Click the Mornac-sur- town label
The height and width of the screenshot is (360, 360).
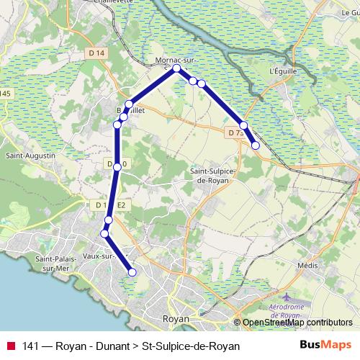point(176,60)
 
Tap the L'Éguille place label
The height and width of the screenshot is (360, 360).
point(282,71)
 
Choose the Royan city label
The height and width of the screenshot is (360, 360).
point(176,318)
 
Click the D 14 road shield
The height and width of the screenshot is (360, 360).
point(99,53)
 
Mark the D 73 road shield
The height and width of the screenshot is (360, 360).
point(233,133)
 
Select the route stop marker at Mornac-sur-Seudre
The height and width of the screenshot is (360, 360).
point(176,69)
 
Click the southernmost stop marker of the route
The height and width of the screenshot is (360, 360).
point(132,272)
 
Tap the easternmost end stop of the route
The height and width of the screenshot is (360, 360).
point(256,145)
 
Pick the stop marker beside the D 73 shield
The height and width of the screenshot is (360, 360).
point(244,126)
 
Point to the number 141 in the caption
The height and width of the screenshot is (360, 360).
point(31,346)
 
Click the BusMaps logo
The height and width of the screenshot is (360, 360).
point(325,345)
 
